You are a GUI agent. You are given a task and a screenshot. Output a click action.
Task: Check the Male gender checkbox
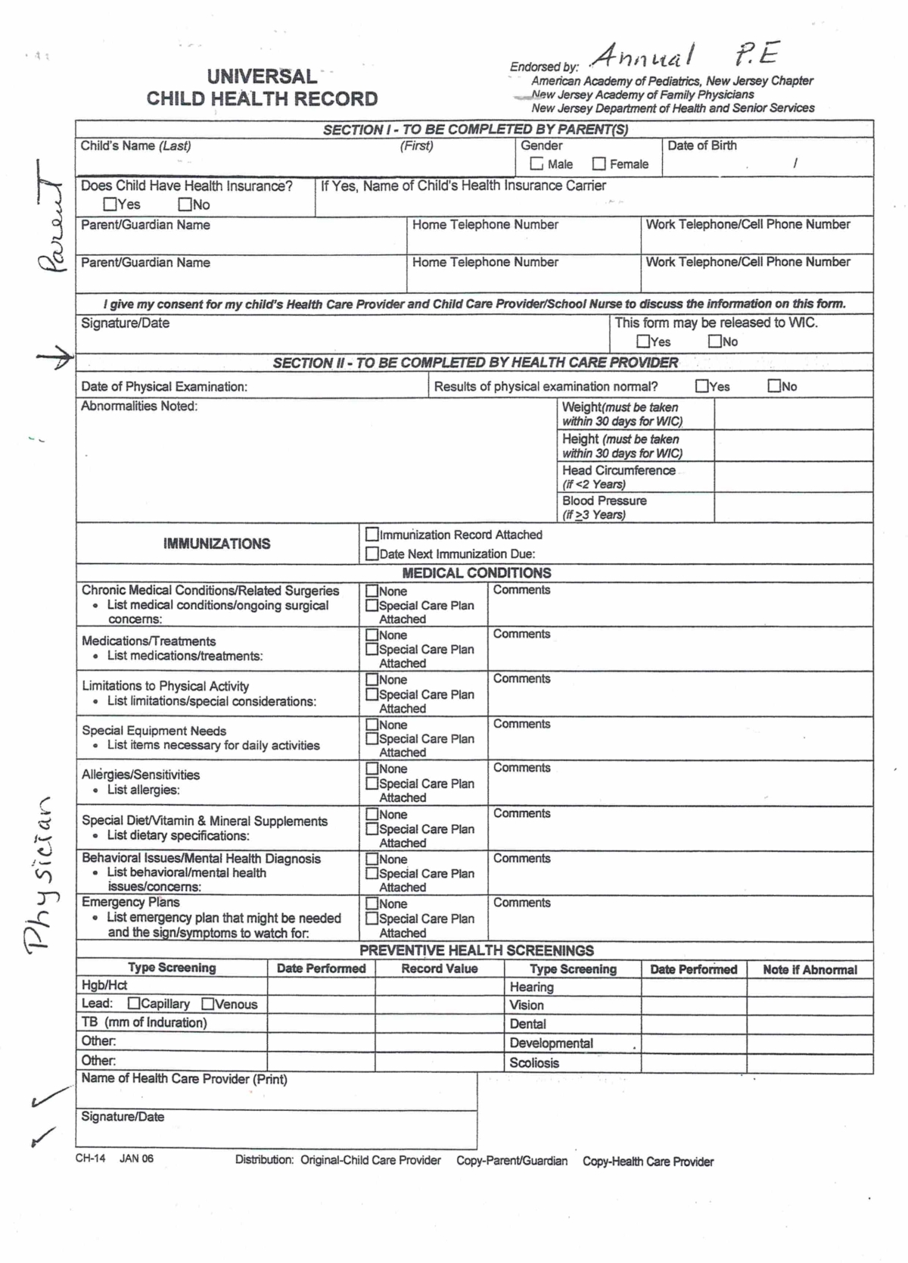(536, 164)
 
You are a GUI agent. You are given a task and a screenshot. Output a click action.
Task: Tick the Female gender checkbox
(599, 164)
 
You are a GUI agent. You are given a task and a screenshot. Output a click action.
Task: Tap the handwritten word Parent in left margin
(52, 219)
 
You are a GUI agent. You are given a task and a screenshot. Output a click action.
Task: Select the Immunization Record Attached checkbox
(372, 535)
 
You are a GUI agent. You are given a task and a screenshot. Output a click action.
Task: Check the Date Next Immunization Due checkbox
(372, 554)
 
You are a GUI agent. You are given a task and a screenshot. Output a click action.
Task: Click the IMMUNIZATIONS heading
(216, 544)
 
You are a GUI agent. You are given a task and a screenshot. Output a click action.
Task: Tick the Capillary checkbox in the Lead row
(134, 1003)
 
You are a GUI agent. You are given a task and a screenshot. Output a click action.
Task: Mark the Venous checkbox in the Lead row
(208, 1004)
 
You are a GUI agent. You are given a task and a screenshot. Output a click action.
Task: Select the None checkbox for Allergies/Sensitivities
(372, 769)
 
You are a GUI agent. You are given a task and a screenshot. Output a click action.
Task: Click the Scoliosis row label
(534, 1062)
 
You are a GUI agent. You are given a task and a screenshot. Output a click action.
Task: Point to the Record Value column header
(439, 968)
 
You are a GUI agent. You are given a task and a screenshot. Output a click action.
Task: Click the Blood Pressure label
(604, 501)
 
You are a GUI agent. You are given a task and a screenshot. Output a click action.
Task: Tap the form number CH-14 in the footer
(90, 1159)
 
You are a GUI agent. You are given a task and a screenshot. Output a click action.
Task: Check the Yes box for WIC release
(643, 341)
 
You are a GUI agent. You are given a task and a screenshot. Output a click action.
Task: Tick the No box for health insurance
(185, 204)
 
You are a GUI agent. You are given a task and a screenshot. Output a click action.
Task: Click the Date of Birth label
(701, 145)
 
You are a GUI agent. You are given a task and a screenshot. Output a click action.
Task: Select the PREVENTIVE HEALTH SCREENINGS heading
(476, 950)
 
